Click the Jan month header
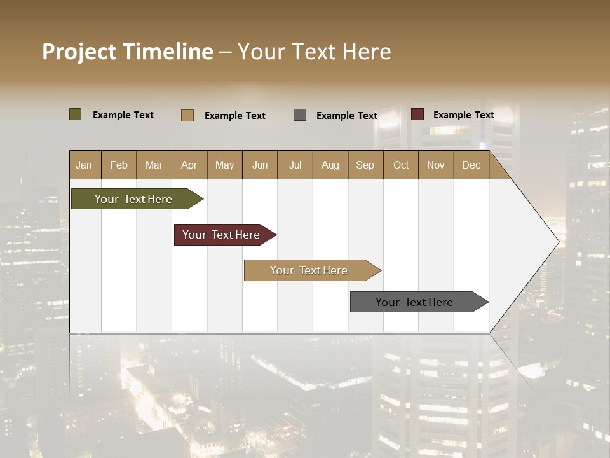(84, 165)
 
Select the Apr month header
(189, 165)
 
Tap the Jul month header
(295, 165)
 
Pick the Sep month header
(365, 165)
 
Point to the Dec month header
(471, 165)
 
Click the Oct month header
(401, 165)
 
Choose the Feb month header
(119, 165)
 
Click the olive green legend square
(76, 114)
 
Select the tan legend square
(187, 115)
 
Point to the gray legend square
(300, 115)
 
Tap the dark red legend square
(417, 114)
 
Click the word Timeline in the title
(167, 52)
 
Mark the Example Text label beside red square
(463, 115)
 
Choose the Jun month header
(260, 165)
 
